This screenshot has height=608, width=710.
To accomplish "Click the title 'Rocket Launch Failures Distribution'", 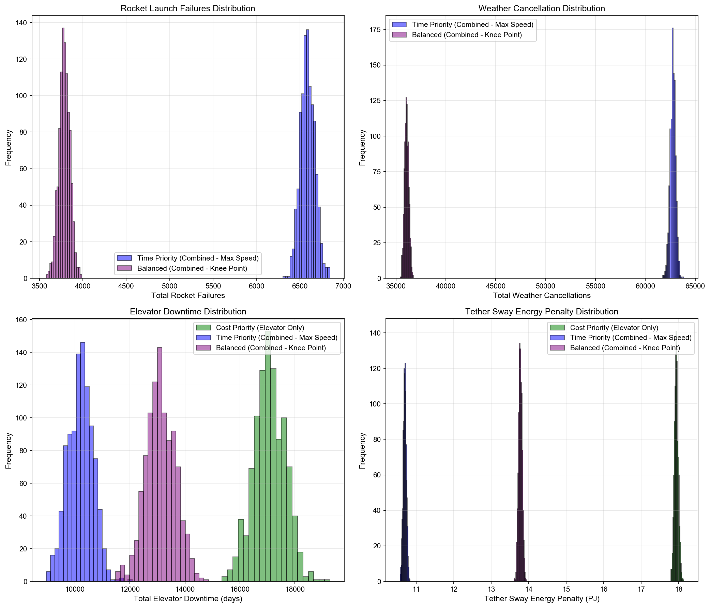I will (x=188, y=9).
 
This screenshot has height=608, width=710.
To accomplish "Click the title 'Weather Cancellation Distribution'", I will (x=541, y=9).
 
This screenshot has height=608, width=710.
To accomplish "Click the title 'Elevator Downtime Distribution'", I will (x=188, y=312).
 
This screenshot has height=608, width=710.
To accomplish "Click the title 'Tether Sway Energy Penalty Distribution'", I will (x=541, y=312).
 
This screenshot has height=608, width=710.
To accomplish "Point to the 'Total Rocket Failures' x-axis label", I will (x=188, y=295).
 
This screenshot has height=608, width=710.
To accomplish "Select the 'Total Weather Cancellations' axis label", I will (x=541, y=295).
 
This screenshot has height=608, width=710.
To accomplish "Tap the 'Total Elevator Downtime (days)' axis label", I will (x=188, y=598).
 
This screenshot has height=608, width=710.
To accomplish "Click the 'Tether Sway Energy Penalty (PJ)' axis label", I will (x=541, y=598).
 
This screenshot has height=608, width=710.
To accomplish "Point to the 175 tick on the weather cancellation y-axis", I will (x=377, y=29).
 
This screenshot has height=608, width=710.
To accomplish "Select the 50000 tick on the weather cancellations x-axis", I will (x=545, y=286).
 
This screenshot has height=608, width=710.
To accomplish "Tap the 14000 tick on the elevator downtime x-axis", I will (x=185, y=589).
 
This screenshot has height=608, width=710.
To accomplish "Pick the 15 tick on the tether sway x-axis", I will (x=566, y=589).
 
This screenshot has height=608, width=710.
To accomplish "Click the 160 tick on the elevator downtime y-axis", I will (x=22, y=320).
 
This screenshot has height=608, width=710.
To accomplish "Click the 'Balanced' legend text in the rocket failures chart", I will (x=192, y=268).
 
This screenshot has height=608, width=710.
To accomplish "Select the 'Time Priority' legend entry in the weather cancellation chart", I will (x=472, y=25).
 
